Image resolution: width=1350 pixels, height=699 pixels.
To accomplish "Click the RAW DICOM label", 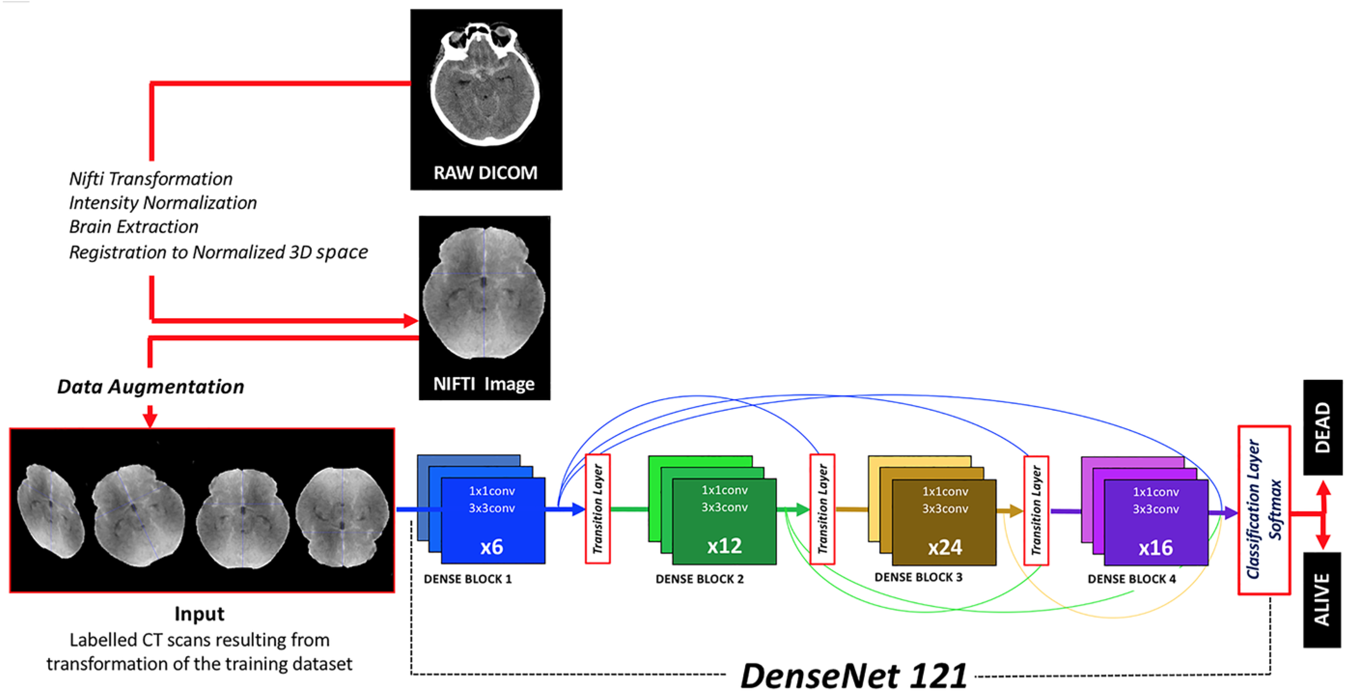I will [485, 172].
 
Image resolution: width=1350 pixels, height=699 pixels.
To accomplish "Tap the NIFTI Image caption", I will [484, 384].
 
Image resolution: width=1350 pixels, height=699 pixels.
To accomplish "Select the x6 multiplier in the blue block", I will [491, 546].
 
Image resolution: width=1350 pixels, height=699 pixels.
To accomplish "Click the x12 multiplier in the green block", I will [724, 545].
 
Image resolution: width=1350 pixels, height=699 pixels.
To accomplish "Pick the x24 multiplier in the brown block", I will [945, 547].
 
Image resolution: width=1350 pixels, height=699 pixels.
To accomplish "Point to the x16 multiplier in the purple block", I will [1155, 547].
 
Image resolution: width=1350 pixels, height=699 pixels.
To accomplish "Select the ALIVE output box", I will [1322, 600].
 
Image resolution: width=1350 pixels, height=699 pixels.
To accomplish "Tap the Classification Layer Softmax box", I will [1264, 510].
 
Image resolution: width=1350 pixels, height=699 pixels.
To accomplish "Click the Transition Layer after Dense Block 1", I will [598, 509].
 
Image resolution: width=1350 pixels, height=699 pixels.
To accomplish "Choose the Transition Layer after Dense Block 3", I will [1036, 510].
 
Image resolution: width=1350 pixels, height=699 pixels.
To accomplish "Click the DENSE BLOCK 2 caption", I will [699, 579].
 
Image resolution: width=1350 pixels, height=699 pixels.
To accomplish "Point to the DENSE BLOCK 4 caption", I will [1131, 579].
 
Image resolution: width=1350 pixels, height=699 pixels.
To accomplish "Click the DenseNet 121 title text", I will [853, 675].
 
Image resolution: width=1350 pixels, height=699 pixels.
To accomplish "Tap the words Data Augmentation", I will [151, 387].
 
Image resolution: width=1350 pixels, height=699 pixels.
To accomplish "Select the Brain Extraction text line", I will [134, 227].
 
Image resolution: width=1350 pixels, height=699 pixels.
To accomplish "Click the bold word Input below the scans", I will [199, 614].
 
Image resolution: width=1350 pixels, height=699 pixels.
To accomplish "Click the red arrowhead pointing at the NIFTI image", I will [410, 321].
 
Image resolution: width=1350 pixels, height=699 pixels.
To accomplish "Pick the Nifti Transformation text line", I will [151, 179].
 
